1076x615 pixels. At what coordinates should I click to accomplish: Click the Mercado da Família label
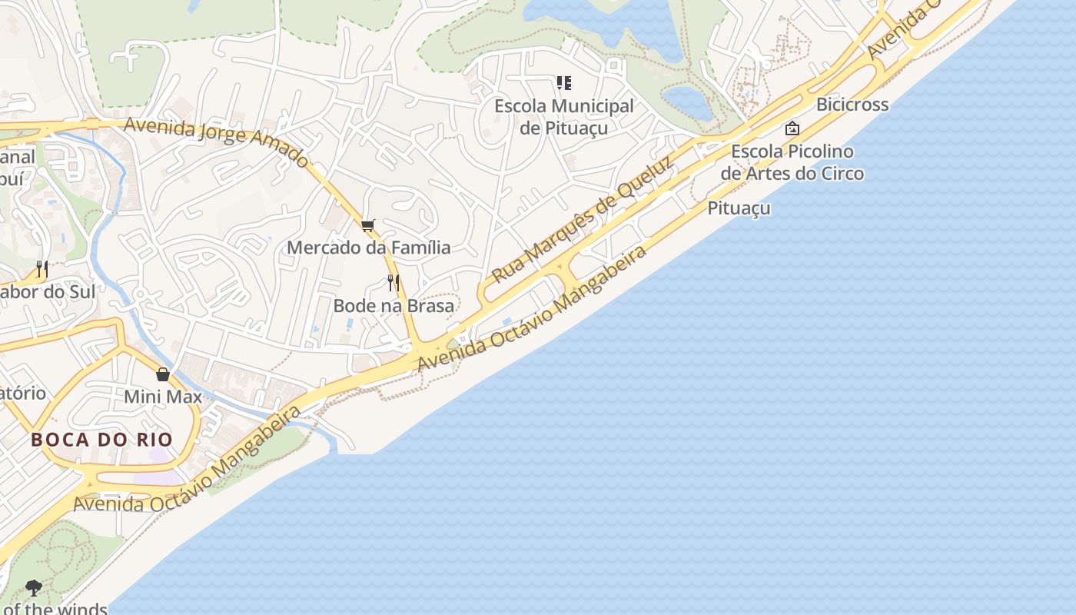click(368, 248)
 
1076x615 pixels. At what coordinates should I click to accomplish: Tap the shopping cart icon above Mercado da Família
click(368, 225)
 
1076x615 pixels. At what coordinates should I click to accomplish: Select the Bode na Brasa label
click(394, 305)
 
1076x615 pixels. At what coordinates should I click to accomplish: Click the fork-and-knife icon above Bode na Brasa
click(394, 283)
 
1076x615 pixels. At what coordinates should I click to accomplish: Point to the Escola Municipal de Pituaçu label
click(564, 117)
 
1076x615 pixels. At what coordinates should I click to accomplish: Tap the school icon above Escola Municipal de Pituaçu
click(564, 82)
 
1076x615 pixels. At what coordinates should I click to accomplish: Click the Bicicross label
click(852, 105)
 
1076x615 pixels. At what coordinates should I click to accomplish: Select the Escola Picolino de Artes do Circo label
click(792, 162)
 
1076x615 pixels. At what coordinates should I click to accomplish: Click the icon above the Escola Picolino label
click(792, 128)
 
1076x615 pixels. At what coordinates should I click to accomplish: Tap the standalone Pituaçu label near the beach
click(739, 208)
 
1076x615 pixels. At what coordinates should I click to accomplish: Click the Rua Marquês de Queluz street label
click(582, 219)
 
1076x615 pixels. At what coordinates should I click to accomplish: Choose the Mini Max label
click(163, 397)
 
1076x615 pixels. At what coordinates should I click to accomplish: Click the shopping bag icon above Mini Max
click(163, 374)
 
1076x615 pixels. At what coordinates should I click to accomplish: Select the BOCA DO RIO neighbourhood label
click(101, 440)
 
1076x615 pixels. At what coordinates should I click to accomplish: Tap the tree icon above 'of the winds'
click(33, 588)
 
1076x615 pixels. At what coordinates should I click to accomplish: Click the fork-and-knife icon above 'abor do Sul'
click(42, 269)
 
